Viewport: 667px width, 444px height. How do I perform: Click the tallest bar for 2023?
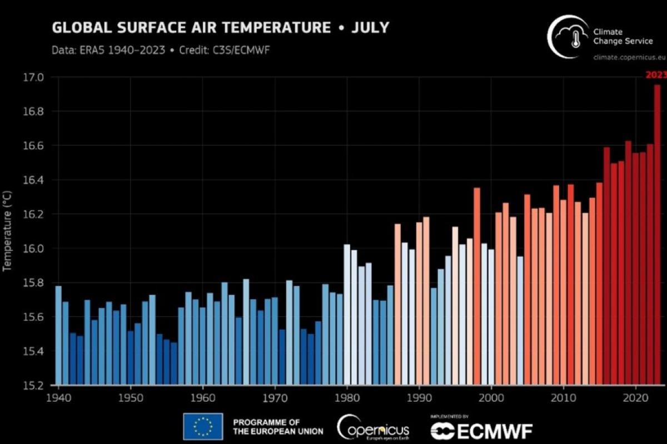pyautogui.click(x=657, y=233)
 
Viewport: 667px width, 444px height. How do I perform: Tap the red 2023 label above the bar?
pyautogui.click(x=655, y=75)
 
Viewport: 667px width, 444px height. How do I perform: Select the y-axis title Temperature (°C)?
pyautogui.click(x=7, y=230)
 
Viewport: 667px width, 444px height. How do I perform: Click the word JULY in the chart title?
pyautogui.click(x=370, y=27)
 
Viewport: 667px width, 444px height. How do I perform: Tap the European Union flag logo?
pyautogui.click(x=203, y=426)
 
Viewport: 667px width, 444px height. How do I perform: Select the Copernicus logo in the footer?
pyautogui.click(x=373, y=427)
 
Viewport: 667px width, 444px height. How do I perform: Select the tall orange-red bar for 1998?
pyautogui.click(x=477, y=286)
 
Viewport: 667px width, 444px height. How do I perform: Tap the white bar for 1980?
pyautogui.click(x=347, y=314)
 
